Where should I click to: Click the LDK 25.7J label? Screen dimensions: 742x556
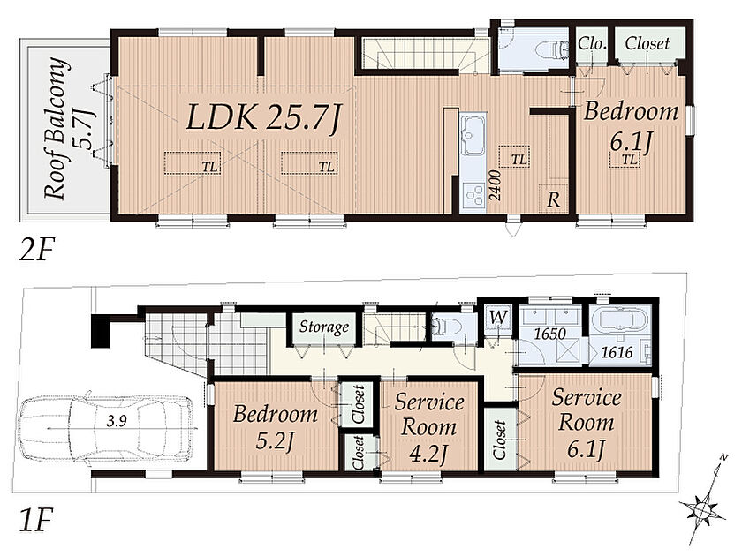pos(263,117)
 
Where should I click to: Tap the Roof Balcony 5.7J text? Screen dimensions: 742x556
pos(70,128)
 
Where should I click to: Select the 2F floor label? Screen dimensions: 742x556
pos(37,249)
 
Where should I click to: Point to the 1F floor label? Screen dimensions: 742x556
pos(36,520)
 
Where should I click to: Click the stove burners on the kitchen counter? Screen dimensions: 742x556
pos(473,194)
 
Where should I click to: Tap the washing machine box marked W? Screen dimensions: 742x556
pos(497,317)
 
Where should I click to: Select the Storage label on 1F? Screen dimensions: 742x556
pos(324,327)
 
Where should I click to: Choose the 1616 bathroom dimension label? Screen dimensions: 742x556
pos(617,352)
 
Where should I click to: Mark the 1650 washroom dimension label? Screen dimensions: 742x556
pos(549,334)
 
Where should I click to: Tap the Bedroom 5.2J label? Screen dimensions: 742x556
pos(276,427)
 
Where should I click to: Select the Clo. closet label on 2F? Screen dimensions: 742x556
pos(593,44)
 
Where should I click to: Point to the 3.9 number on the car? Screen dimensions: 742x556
pos(117,421)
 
